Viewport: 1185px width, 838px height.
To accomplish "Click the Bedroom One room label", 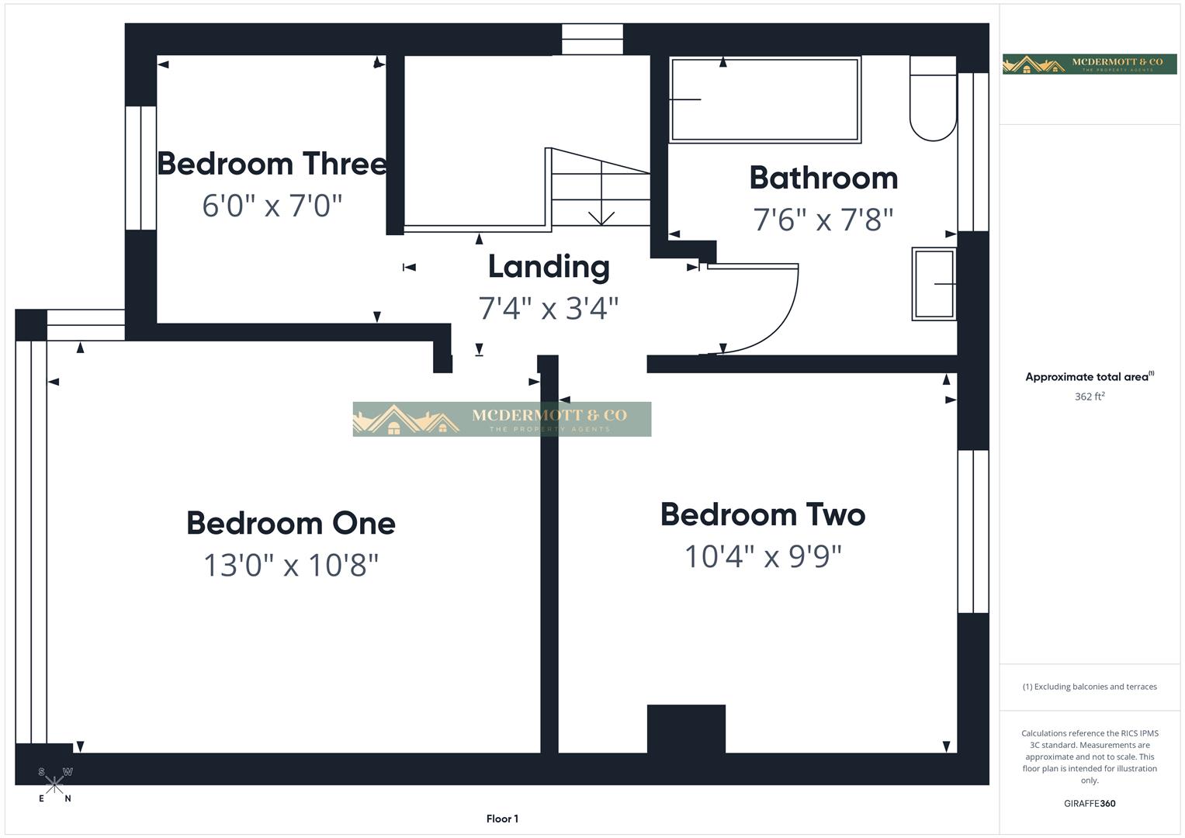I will coord(291,523).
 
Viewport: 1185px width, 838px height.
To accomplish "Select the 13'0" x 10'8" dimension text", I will coord(291,565).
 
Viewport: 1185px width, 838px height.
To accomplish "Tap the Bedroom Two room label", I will coord(763,514).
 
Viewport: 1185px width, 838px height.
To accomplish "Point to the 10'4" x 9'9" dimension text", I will coord(763,556).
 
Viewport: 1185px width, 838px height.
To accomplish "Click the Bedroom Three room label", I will coord(272,164).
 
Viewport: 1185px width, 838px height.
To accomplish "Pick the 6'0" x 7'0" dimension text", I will coord(272,206).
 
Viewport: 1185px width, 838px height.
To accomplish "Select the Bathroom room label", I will coord(823,178).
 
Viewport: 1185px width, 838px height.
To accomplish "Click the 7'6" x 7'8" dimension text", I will coord(823,220).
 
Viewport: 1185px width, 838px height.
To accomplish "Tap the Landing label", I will coord(549,266).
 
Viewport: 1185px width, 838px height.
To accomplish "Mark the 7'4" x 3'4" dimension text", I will coord(549,308).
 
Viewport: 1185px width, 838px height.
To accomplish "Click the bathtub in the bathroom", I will coord(765,99).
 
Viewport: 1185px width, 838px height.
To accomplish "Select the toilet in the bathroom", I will coord(933,99).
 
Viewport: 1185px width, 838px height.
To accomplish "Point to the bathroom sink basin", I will coord(934,284).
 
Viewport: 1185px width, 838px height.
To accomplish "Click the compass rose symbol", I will coord(54,784).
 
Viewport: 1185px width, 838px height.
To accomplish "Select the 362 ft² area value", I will coord(1090,396).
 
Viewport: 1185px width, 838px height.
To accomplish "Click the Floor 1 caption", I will coord(502,819).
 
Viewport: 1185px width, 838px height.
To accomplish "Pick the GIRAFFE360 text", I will coord(1090,803).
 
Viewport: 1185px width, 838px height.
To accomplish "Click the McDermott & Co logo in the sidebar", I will coord(1090,64).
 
